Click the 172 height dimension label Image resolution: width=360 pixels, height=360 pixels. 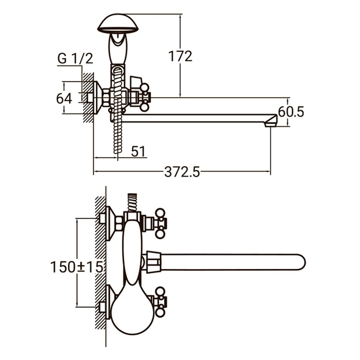click(180, 56)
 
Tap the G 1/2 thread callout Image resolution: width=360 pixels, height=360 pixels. click(75, 58)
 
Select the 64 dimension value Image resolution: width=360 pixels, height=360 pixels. click(64, 98)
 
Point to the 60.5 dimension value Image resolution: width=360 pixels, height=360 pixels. click(291, 112)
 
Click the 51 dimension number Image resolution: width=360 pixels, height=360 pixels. click(138, 151)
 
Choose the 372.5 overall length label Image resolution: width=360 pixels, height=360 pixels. click(182, 172)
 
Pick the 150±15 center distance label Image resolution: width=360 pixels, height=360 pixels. click(77, 267)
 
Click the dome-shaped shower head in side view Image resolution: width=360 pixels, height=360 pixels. click(118, 23)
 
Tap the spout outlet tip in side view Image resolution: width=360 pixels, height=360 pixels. click(271, 121)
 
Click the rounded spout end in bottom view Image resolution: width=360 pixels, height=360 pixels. click(301, 262)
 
